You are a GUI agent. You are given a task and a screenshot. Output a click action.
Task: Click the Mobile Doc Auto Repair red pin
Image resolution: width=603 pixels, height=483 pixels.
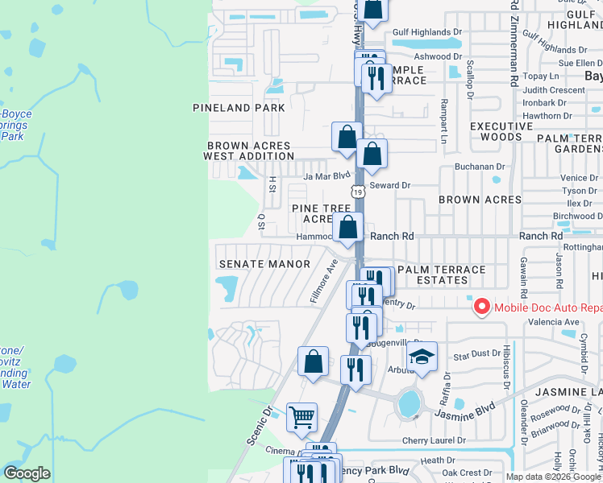[x=481, y=307]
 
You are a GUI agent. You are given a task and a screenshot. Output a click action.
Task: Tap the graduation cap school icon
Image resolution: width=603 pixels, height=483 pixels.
[x=422, y=357]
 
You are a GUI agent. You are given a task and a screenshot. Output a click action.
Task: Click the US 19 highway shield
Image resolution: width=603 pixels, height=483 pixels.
[x=357, y=192]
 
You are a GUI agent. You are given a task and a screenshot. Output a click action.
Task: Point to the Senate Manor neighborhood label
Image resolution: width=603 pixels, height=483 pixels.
[x=264, y=264]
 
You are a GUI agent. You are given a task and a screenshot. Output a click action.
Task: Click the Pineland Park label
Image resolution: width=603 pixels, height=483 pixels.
[x=239, y=108]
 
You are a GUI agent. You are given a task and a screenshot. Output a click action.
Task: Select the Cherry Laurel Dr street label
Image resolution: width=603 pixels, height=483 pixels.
[x=434, y=440]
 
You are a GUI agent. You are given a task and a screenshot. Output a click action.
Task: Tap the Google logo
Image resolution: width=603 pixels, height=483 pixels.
[x=27, y=473]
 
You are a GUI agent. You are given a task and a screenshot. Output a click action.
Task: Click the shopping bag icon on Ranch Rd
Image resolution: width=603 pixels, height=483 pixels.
[x=347, y=229]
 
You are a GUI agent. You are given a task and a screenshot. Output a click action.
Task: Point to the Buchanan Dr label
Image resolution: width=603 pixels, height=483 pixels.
[x=477, y=167]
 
